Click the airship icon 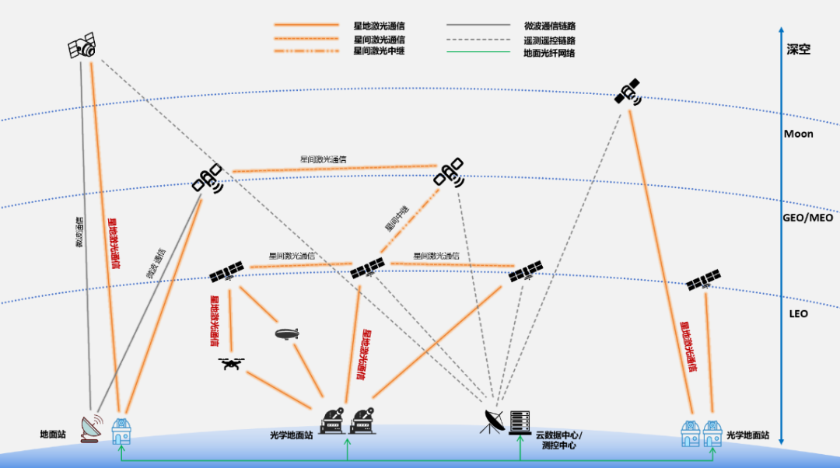point(286,334)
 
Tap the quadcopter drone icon point(231,363)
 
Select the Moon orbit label point(798,134)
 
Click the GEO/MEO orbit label point(807,218)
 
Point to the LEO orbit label point(798,313)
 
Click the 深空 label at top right point(798,48)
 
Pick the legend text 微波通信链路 point(550,26)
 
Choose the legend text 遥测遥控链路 point(550,40)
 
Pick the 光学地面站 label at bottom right point(747,436)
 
